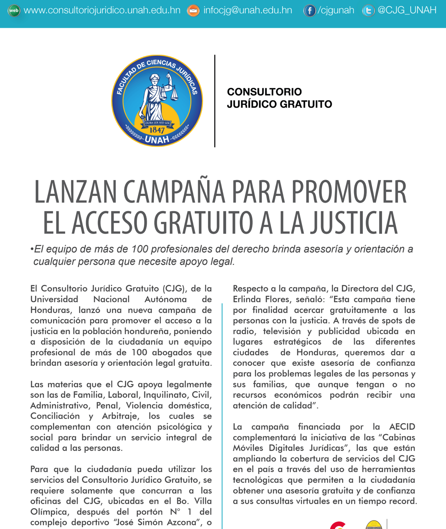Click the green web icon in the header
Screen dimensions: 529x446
point(14,11)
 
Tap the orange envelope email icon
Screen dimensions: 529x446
point(193,11)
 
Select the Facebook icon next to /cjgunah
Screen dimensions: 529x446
point(309,11)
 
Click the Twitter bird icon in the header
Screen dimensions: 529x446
point(368,11)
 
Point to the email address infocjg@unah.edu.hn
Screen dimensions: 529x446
point(248,11)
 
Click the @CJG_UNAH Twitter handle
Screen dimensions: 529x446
point(407,10)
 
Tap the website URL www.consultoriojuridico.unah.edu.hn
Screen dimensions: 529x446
point(102,11)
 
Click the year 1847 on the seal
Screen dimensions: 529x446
point(157,130)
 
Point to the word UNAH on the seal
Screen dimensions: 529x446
point(157,140)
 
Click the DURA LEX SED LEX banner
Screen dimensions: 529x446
point(157,123)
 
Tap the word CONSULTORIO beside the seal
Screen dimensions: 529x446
point(264,92)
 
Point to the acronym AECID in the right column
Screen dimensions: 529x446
point(402,427)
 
